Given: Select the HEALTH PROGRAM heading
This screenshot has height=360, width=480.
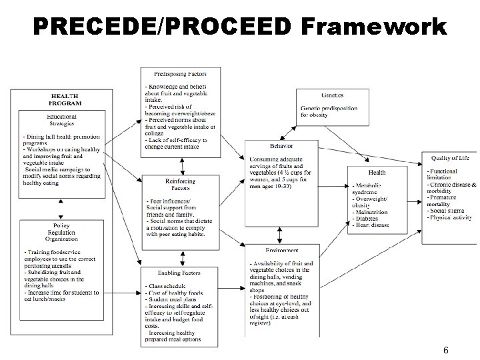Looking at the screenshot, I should coord(65,99).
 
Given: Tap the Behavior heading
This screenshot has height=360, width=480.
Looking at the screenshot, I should coord(281,146).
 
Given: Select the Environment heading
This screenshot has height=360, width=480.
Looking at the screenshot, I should coord(281,250).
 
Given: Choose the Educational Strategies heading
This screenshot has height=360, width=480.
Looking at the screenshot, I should coord(61,120).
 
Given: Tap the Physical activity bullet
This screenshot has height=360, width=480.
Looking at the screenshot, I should coord(451,218).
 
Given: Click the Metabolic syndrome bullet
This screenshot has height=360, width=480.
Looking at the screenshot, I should coord(370,188).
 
